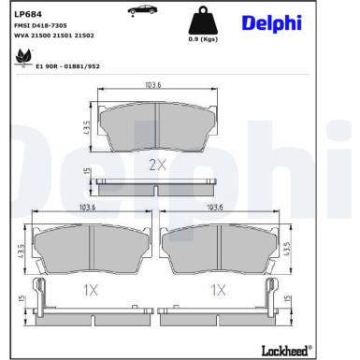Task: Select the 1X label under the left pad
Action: click(90, 291)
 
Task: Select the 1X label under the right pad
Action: click(218, 291)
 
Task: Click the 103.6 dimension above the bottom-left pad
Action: click(90, 209)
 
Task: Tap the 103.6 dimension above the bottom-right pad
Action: click(215, 209)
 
